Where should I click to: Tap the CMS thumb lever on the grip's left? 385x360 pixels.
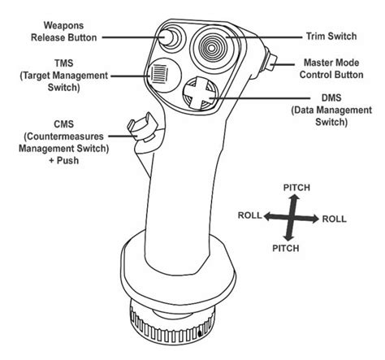[x=139, y=124]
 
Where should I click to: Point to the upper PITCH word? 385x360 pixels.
[x=296, y=188]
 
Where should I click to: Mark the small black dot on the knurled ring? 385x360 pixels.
[x=199, y=332]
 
